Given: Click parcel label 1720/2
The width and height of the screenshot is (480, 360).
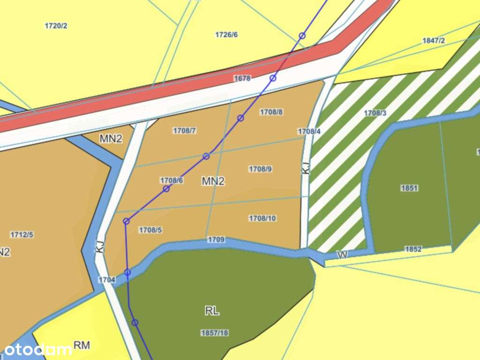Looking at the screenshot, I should tap(56, 26).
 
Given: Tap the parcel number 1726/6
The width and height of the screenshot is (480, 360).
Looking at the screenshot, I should tap(226, 35).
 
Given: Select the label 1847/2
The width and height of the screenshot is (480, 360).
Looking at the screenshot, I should tap(433, 40).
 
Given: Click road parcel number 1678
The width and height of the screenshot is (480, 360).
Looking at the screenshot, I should tap(242, 78).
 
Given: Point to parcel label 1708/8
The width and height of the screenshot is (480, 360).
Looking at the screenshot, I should tap(271, 112).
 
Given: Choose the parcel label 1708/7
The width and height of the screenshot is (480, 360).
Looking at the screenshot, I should tap(184, 130).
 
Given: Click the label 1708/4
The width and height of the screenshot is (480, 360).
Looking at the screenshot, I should tap(309, 131).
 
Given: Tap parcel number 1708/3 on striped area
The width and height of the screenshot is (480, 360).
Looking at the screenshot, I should tap(375, 113).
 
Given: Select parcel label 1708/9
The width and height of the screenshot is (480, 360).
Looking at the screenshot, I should tap(260, 169).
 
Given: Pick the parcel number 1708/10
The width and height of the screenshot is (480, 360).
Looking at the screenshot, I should tap(262, 218).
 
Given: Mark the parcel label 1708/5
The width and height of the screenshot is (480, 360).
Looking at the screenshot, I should tap(150, 230).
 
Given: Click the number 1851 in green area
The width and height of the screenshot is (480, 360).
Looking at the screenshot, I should tap(409, 188).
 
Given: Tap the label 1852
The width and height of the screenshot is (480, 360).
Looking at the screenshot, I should tap(413, 249).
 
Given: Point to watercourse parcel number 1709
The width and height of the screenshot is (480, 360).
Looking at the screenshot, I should tap(216, 240).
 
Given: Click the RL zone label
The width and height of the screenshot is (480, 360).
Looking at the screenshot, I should tap(212, 311).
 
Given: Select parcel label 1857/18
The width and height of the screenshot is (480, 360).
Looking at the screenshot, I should tap(214, 332).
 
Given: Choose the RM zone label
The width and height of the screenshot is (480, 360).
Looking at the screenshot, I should tap(82, 345).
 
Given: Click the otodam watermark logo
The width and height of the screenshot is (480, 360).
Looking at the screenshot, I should tap(37, 349).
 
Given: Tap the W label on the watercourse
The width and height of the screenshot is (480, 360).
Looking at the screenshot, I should tap(343, 255).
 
